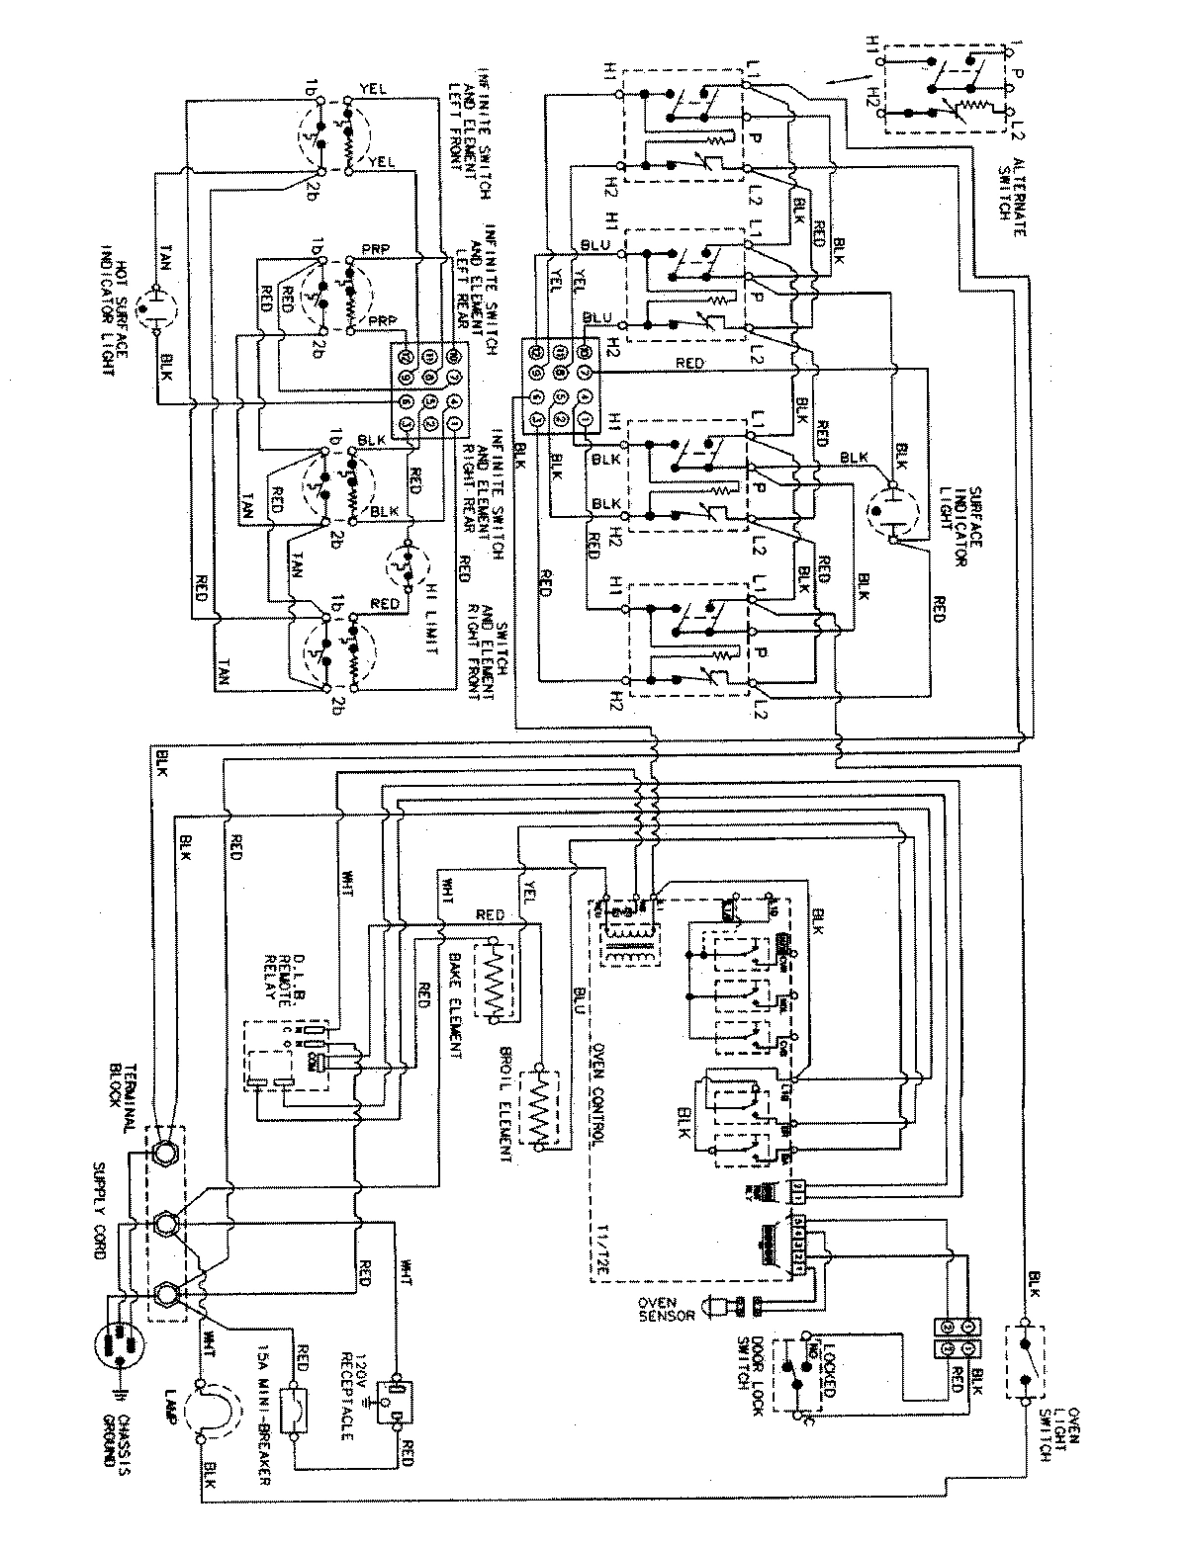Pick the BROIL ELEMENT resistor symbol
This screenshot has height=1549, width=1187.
point(542,1108)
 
